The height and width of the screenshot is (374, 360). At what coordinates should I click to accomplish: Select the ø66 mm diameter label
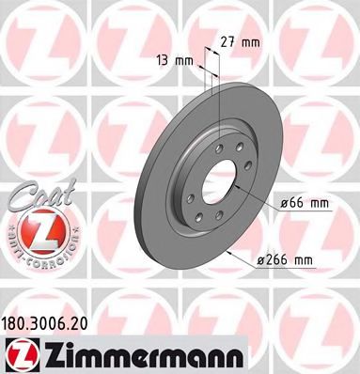pos(305,203)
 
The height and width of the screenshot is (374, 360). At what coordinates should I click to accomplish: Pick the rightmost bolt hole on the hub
pos(241,179)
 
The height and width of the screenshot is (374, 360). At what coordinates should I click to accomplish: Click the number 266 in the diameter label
pos(300,258)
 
